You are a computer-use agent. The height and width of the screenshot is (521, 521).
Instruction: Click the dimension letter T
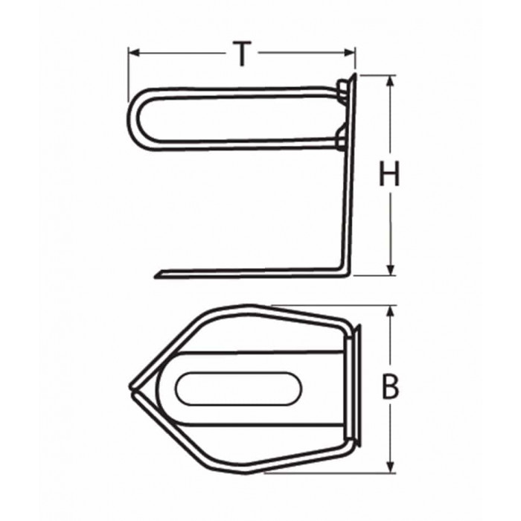[241, 54]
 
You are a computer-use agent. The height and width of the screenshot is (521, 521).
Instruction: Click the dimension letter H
[389, 175]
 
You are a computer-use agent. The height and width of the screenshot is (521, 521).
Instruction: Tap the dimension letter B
[389, 388]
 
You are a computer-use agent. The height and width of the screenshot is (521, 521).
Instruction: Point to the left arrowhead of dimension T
[133, 53]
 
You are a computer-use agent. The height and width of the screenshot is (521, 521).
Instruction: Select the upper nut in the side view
[341, 91]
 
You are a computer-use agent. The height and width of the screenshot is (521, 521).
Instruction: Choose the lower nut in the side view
[341, 138]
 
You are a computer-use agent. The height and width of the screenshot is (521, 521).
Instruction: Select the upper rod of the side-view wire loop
[238, 91]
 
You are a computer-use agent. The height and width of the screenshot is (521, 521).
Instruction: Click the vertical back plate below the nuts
[348, 208]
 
